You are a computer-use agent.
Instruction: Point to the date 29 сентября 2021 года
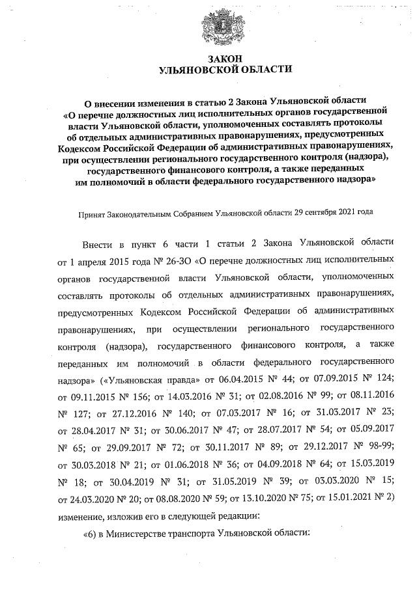pyautogui.click(x=333, y=212)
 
